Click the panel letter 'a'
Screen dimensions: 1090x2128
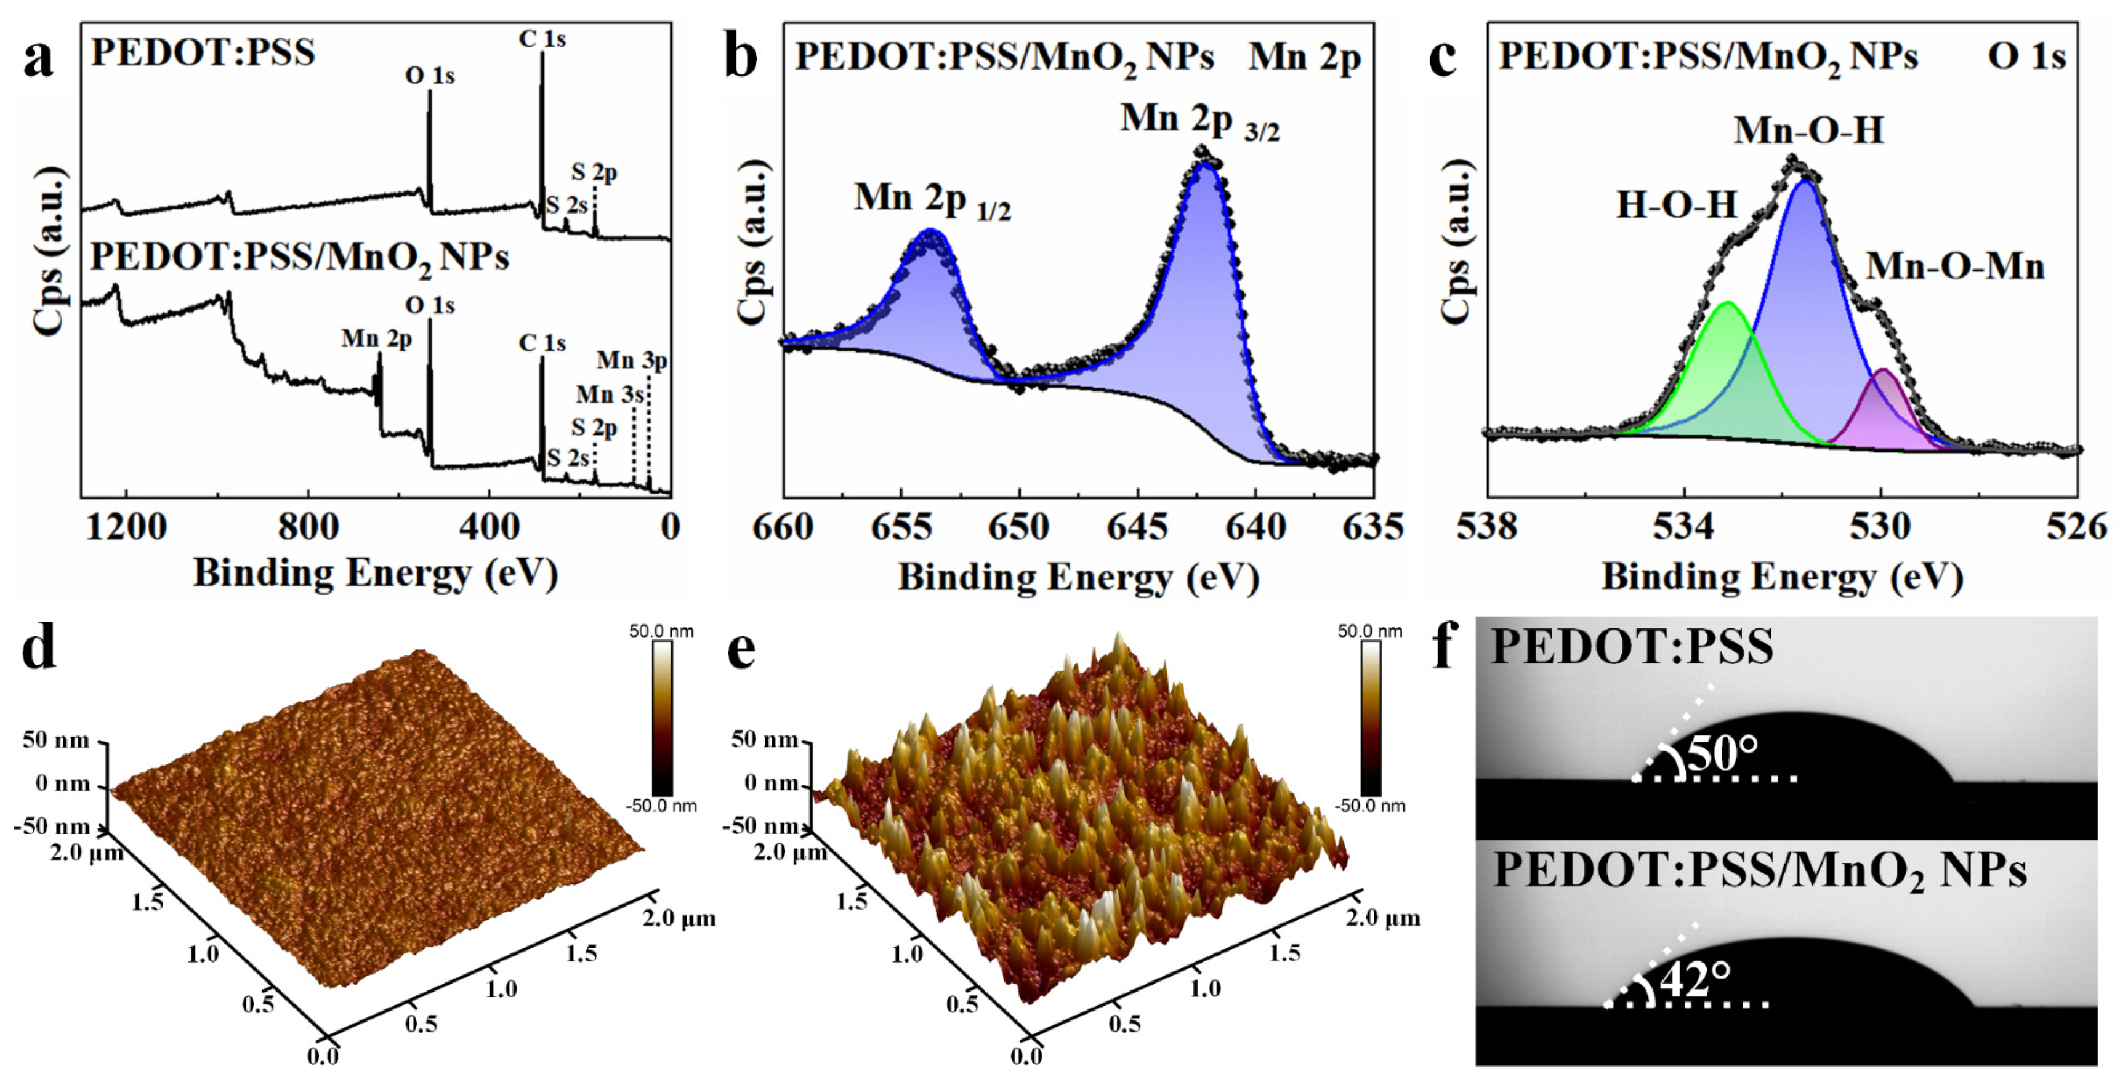tap(39, 60)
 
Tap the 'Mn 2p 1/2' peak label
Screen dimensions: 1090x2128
tap(931, 200)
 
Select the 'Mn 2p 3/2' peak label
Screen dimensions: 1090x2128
tap(1199, 121)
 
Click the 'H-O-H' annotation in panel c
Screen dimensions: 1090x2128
tap(1676, 205)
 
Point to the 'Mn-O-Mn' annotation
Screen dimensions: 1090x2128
tap(1954, 266)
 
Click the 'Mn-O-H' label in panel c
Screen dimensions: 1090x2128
tap(1808, 130)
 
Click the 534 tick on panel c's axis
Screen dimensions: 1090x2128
tap(1683, 527)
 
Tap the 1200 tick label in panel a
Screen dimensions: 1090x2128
tap(126, 527)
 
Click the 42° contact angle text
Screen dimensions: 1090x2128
tap(1695, 979)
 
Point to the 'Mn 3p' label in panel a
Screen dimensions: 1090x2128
tap(631, 361)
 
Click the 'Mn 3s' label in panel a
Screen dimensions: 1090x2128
tap(610, 395)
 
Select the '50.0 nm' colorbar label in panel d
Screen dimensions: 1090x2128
tap(661, 631)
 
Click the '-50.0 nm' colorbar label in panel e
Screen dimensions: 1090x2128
tap(1369, 805)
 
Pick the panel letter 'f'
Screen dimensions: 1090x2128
tap(1443, 646)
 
